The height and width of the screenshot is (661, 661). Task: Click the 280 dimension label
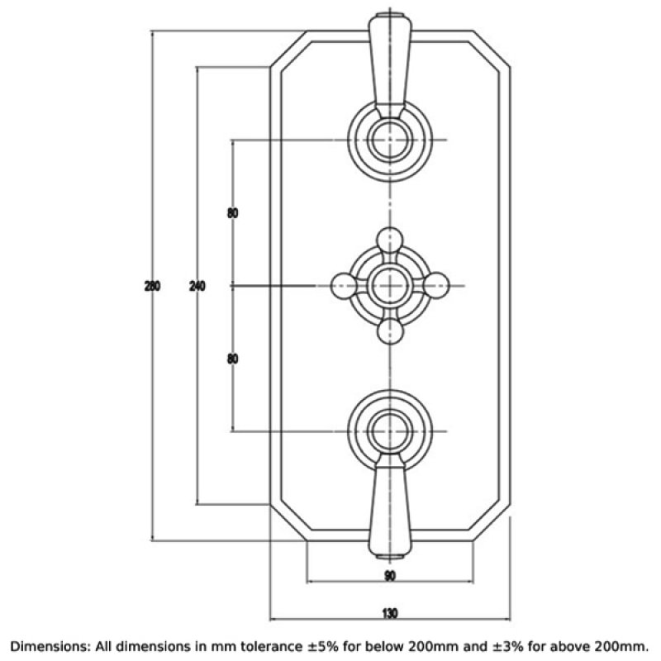pyautogui.click(x=152, y=286)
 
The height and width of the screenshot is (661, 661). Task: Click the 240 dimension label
pyautogui.click(x=197, y=286)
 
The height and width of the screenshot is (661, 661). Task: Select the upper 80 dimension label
pyautogui.click(x=233, y=213)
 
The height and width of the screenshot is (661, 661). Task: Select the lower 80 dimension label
pyautogui.click(x=233, y=359)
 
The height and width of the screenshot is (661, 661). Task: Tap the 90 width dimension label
pyautogui.click(x=390, y=575)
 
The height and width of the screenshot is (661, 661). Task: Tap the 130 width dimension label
pyautogui.click(x=390, y=613)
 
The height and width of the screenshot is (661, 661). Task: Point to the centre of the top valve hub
pyautogui.click(x=390, y=140)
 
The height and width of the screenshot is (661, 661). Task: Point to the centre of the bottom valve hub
pyautogui.click(x=390, y=431)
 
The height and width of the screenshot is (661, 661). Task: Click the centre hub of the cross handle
pyautogui.click(x=390, y=286)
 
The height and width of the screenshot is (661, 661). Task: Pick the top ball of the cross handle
pyautogui.click(x=390, y=240)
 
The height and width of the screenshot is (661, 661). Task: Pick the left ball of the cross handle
pyautogui.click(x=344, y=286)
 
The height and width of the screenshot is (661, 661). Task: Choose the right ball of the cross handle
pyautogui.click(x=436, y=286)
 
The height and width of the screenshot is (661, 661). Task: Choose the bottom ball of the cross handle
pyautogui.click(x=390, y=332)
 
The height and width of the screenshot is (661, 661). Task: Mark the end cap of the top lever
pyautogui.click(x=390, y=15)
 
